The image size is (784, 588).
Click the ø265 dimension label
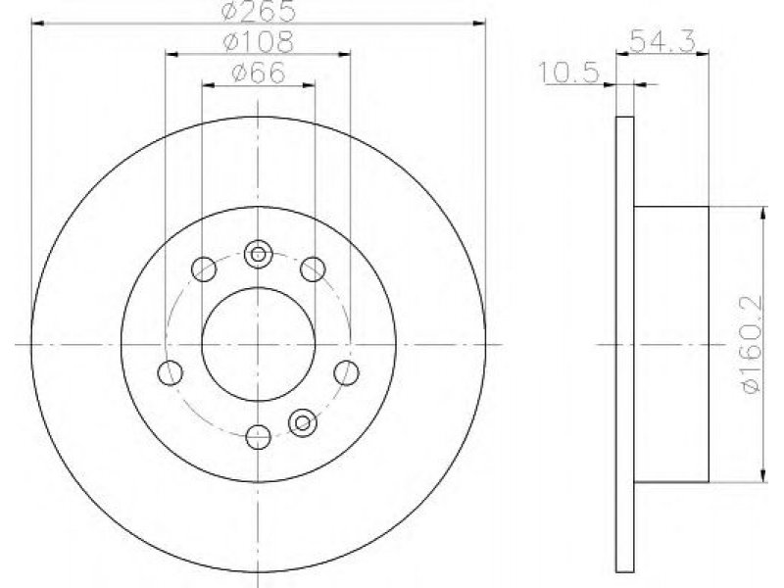click(x=258, y=11)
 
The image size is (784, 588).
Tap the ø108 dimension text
click(x=258, y=42)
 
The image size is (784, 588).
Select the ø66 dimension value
click(x=258, y=73)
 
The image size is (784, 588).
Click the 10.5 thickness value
click(x=569, y=73)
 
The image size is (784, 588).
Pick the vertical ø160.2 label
click(x=754, y=345)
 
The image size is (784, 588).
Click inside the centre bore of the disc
click(x=258, y=345)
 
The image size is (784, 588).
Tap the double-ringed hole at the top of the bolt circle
click(x=258, y=254)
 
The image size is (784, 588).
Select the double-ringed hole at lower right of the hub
click(x=303, y=423)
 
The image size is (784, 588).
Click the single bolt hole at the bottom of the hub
click(x=259, y=436)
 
